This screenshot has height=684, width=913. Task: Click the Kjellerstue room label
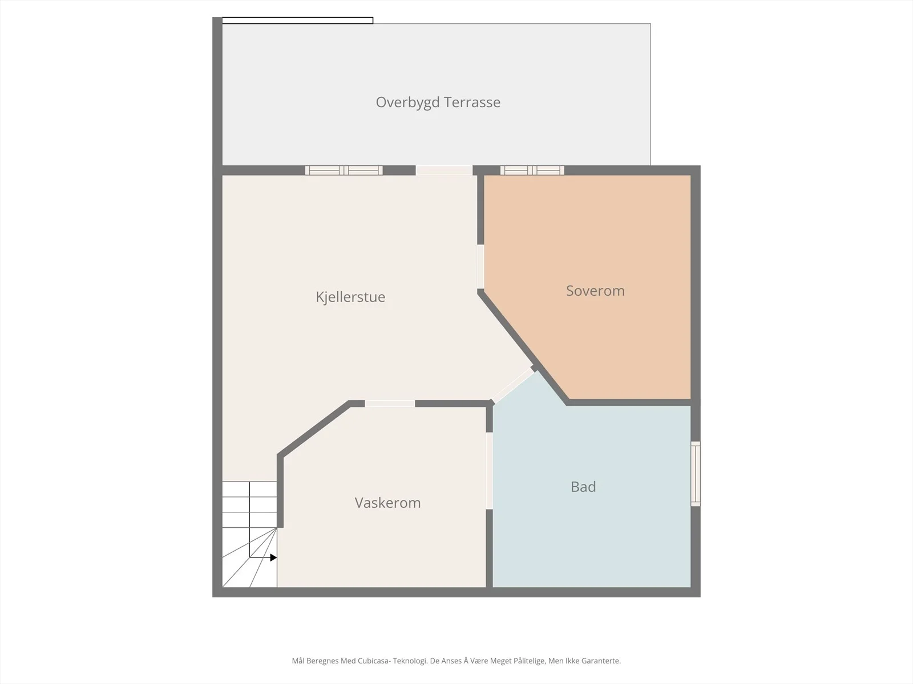point(350,297)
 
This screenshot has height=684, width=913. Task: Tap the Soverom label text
point(595,291)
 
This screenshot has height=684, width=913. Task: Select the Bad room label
point(583,487)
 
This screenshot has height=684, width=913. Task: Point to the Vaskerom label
point(387,503)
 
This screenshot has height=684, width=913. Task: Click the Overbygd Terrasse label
point(438,102)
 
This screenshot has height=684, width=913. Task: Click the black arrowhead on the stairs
point(273,557)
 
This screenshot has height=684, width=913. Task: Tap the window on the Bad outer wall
point(696,474)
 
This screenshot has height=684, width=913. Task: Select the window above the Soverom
point(532,170)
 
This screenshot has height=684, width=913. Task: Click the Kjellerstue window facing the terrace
point(344,170)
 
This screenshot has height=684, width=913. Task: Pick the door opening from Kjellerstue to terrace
point(444,170)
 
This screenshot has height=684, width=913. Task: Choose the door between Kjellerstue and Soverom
point(480,267)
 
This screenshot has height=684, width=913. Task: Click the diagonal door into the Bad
point(513,385)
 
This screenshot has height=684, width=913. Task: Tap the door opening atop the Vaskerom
point(390,404)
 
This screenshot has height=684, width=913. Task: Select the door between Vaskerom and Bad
point(490,471)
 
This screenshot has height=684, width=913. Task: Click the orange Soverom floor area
point(603,249)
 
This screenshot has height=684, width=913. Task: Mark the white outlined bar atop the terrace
point(297,21)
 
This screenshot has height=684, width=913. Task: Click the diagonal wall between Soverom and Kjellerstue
point(523,347)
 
